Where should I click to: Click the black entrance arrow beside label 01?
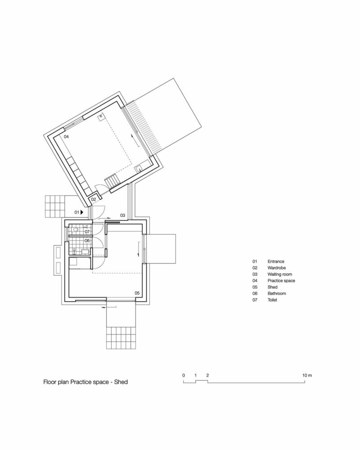(x=82, y=211)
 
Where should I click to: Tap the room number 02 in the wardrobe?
(x=94, y=199)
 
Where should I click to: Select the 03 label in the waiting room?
(x=122, y=215)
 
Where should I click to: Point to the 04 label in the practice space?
(x=66, y=136)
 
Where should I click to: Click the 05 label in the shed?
(x=137, y=293)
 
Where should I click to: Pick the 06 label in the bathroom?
(x=87, y=241)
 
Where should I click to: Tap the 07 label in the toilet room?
(x=87, y=231)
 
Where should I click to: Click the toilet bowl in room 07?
(x=75, y=230)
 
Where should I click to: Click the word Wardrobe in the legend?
(x=276, y=267)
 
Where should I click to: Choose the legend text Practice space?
(x=281, y=280)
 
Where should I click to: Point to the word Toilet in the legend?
(x=273, y=299)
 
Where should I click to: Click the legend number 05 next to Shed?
(x=255, y=287)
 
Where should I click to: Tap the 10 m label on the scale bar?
(x=307, y=374)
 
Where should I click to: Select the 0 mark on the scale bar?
(x=184, y=374)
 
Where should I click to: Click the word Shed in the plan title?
(x=122, y=383)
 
